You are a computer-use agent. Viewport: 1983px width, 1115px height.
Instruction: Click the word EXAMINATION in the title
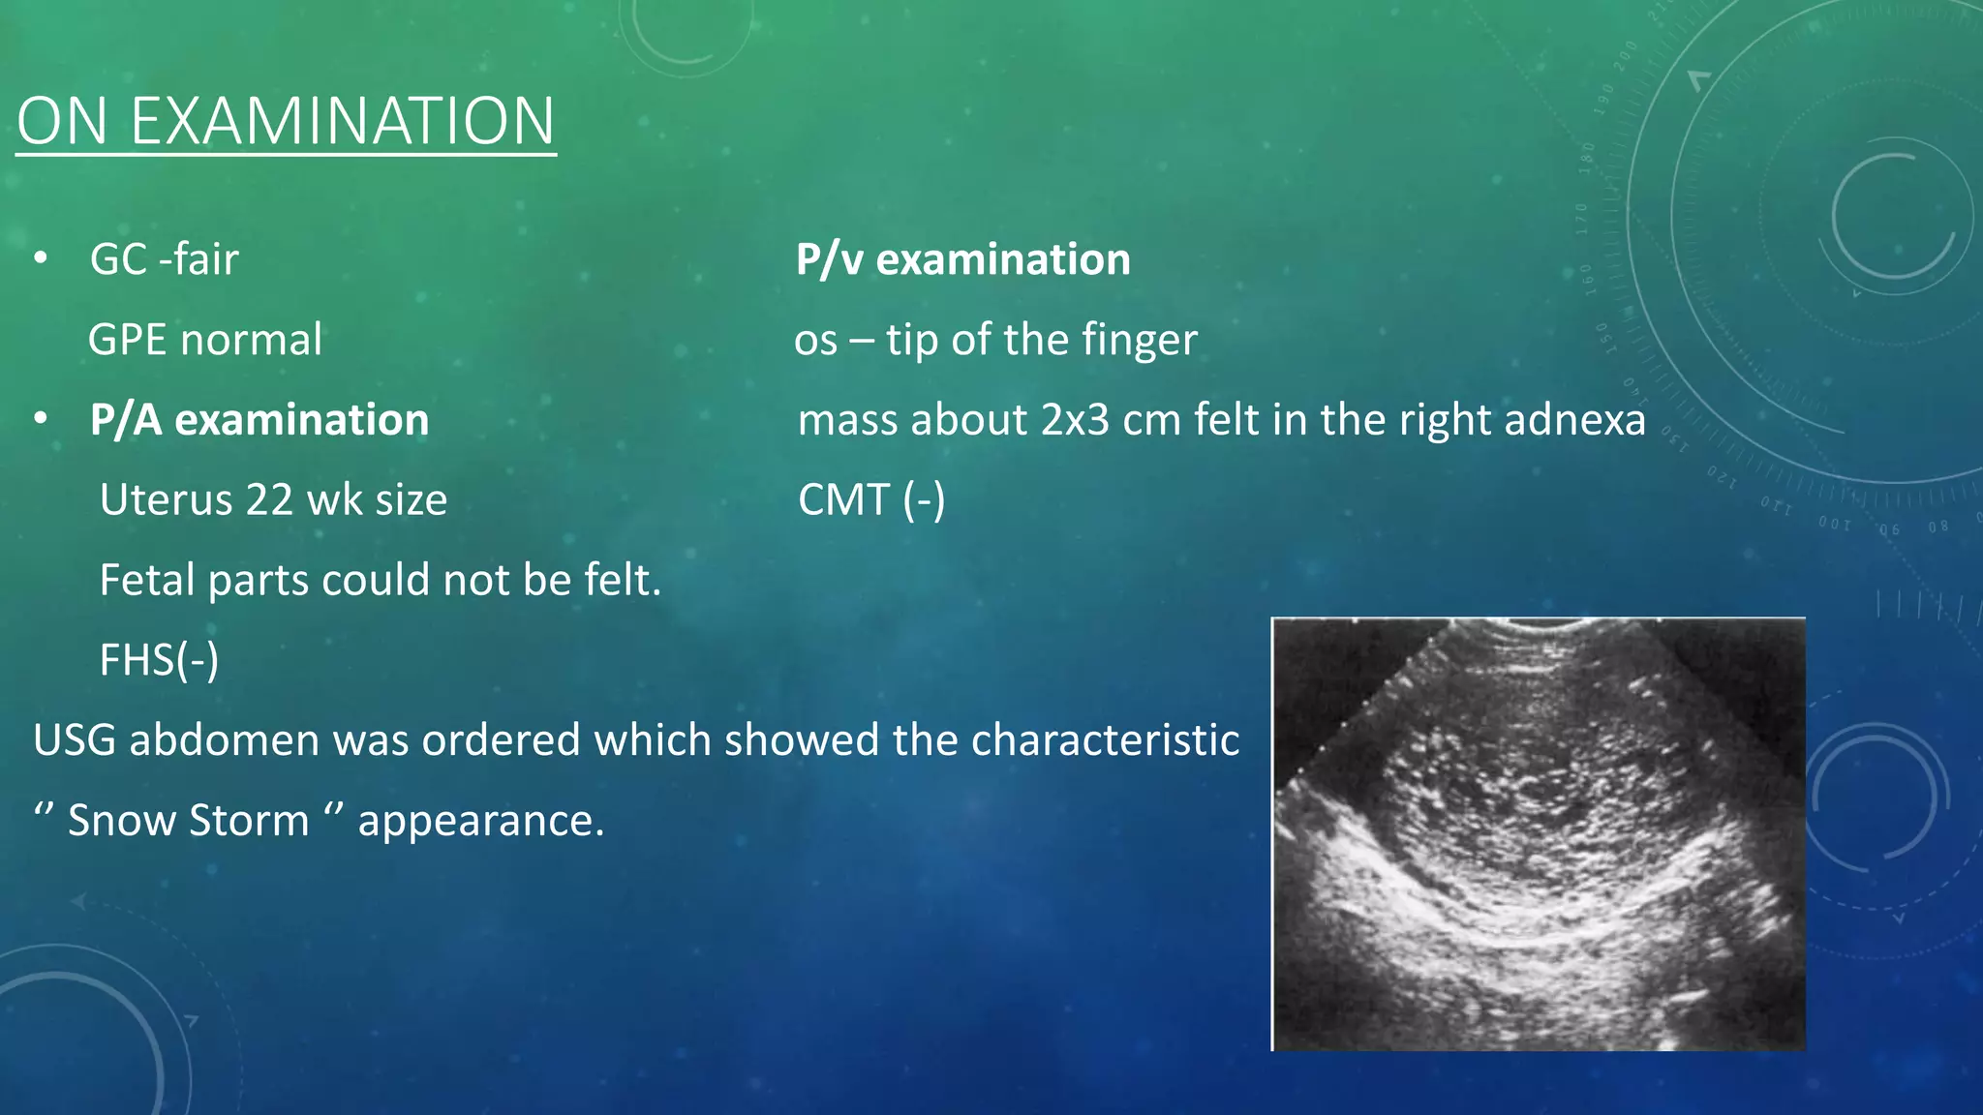(x=342, y=122)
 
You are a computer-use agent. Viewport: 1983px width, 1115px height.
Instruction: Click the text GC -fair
(x=164, y=260)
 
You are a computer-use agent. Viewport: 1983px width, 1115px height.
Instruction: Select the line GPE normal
(x=204, y=341)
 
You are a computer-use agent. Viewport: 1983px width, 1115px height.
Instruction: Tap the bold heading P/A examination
(x=259, y=421)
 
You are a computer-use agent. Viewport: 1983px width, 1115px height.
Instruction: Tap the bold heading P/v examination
(x=962, y=260)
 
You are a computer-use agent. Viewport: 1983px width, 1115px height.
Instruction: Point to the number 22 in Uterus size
(x=268, y=500)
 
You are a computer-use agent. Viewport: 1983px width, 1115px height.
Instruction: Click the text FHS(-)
(x=159, y=661)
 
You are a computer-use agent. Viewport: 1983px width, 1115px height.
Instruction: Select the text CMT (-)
(x=870, y=500)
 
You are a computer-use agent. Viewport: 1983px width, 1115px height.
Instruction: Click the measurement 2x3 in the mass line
(x=1075, y=421)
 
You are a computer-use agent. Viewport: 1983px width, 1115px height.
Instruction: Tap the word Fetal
(x=147, y=581)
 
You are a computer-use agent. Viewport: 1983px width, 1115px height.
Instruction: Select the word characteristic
(x=1105, y=740)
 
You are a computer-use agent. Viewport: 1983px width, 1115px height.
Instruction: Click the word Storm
(x=248, y=821)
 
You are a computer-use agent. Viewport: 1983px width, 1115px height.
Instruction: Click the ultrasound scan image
(x=1538, y=833)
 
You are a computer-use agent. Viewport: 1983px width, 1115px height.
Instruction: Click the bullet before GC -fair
(x=40, y=259)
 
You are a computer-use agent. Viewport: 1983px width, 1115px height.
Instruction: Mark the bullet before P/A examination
(x=40, y=420)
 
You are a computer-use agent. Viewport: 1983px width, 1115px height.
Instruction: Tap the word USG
(x=74, y=740)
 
